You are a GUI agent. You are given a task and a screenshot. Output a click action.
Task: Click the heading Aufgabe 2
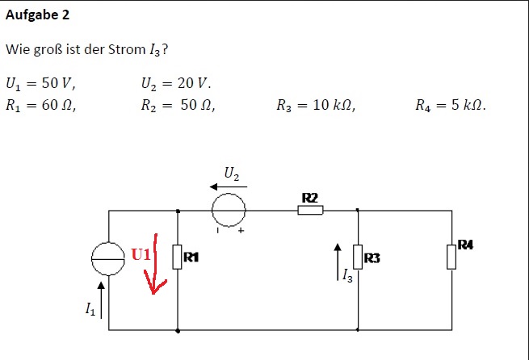click(37, 15)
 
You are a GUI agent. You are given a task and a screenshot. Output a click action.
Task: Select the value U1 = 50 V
click(40, 84)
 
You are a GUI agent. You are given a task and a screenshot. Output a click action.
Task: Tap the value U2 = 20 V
click(176, 84)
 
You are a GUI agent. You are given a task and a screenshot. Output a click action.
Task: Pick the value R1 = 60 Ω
click(41, 106)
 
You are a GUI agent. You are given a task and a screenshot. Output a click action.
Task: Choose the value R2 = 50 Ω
click(178, 106)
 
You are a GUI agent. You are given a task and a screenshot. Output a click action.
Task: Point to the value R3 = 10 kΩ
click(316, 106)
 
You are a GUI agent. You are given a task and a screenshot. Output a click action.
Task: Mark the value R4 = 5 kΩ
click(451, 106)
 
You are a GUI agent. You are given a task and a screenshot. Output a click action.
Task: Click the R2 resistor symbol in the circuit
click(310, 211)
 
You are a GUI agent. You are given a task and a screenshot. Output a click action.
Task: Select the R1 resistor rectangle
click(177, 257)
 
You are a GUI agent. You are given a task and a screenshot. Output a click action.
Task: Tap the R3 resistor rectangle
click(358, 257)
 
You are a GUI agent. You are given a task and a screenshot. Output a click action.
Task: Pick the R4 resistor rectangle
click(451, 257)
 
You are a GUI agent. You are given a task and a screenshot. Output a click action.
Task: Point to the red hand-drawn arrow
click(155, 263)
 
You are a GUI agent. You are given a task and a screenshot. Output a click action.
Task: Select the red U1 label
click(141, 254)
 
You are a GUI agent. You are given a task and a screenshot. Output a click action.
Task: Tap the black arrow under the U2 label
click(229, 186)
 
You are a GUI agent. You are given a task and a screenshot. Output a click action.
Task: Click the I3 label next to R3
click(347, 275)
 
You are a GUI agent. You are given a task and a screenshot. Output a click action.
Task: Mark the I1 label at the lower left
click(90, 309)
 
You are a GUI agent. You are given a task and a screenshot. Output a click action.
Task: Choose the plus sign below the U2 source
click(241, 231)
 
